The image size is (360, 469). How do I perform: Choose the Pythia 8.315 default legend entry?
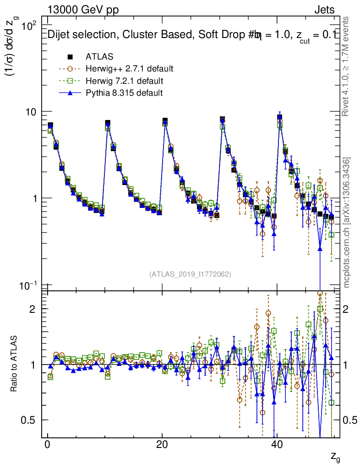pos(124,93)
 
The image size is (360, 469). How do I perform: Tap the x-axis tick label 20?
pos(162,445)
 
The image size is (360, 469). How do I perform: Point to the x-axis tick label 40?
pos(277,445)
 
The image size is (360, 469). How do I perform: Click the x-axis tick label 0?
pos(47,445)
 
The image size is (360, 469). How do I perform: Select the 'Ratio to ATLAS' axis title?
pos(14,365)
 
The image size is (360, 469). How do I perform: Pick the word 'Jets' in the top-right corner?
pos(324,10)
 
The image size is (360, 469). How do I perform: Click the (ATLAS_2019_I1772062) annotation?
pos(190,274)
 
